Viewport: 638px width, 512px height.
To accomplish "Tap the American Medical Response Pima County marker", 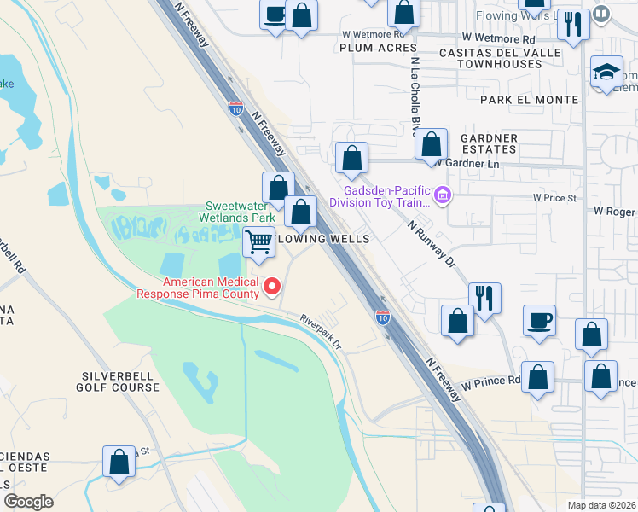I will tap(273, 286).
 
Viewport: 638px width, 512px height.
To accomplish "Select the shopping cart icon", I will tap(258, 241).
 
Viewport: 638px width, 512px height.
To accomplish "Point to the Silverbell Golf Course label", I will tap(121, 381).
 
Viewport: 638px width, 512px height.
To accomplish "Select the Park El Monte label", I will tap(529, 100).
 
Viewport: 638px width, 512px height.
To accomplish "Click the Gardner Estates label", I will tap(489, 143).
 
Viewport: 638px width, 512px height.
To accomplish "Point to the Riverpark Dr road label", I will tap(320, 331).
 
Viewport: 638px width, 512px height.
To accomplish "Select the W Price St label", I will tap(555, 197).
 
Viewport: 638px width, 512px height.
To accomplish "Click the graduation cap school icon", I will tap(606, 70).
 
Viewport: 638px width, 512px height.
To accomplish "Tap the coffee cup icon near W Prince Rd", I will tap(539, 322).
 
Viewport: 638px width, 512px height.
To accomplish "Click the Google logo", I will tap(28, 502).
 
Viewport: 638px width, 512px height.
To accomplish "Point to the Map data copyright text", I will tap(601, 505).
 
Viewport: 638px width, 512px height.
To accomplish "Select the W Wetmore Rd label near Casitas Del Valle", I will tap(498, 38).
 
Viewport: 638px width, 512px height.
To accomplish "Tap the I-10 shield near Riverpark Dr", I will tap(382, 317).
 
